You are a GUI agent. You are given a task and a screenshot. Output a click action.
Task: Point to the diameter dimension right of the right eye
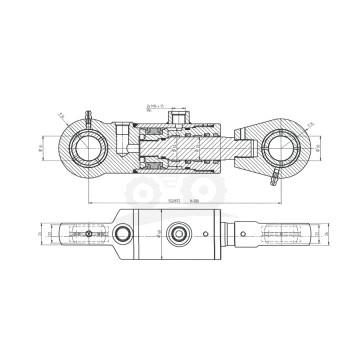pyautogui.click(x=318, y=150)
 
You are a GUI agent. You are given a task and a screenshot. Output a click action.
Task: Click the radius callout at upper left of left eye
pyautogui.click(x=62, y=118)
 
